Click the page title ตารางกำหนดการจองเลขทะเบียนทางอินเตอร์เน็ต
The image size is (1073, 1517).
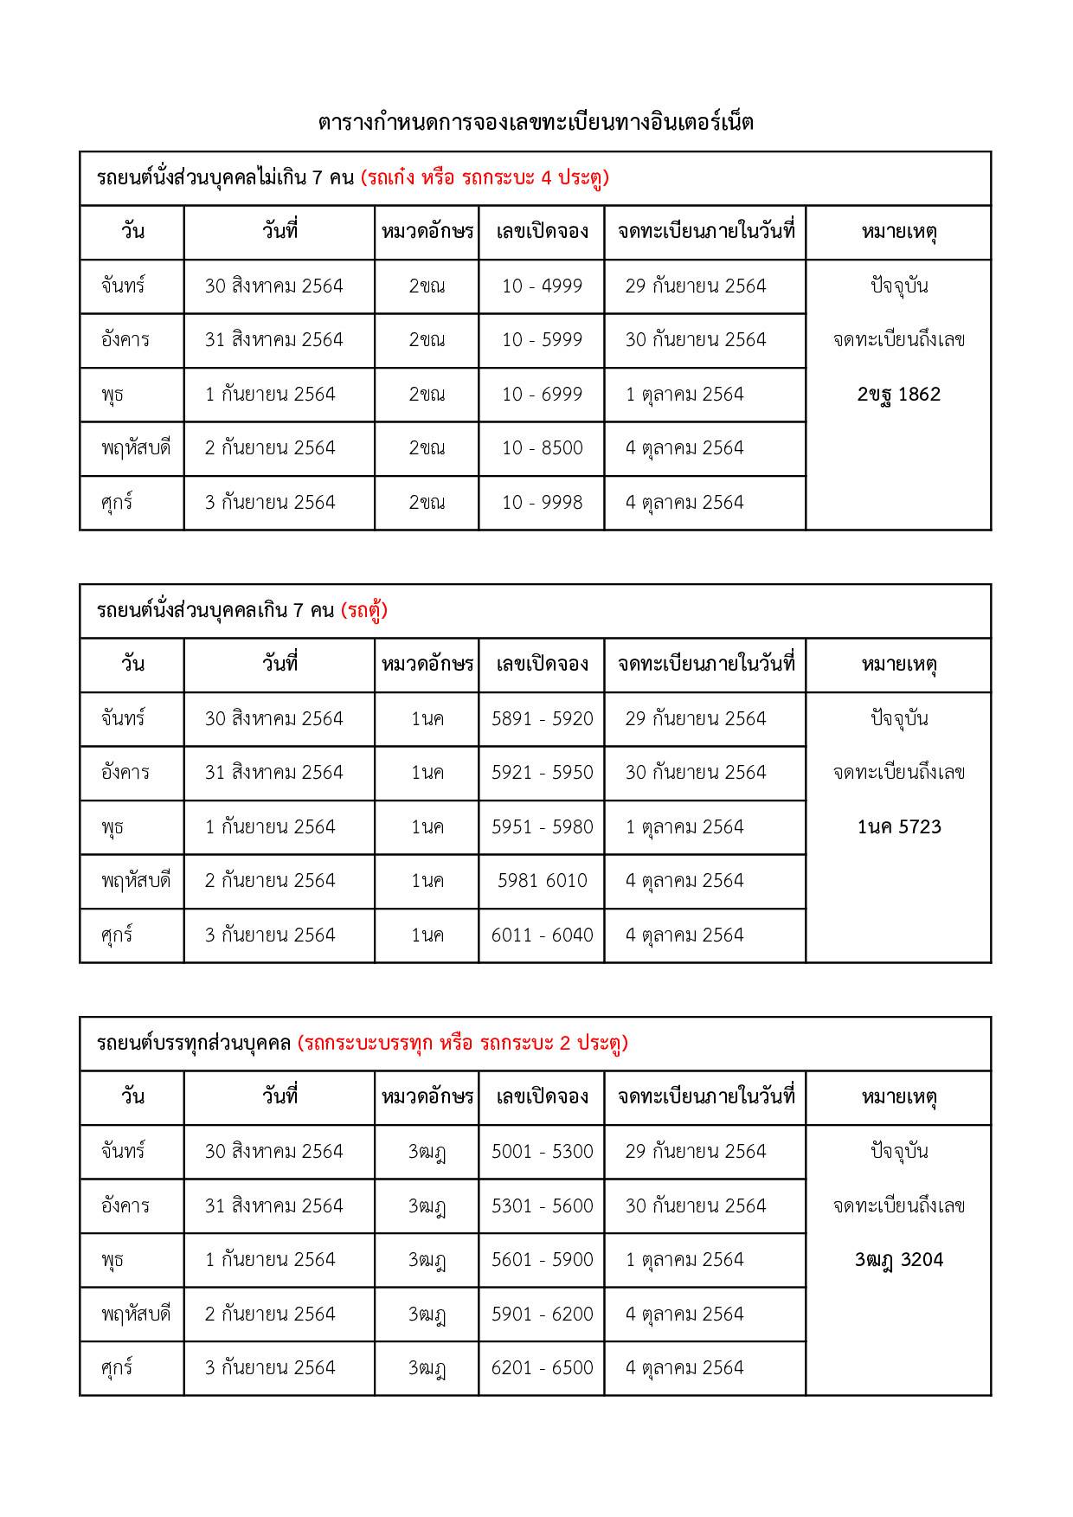click(536, 123)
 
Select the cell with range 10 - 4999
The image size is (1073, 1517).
click(542, 286)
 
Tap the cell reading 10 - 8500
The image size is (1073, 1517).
click(542, 448)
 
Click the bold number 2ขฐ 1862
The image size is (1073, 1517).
click(898, 395)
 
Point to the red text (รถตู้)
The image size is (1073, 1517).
click(364, 611)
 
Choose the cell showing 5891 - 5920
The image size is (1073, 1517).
click(542, 719)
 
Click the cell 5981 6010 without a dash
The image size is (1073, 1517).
click(542, 881)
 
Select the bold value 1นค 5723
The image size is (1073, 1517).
click(898, 827)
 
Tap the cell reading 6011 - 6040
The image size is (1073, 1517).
click(542, 935)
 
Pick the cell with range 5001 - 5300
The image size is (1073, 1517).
click(542, 1152)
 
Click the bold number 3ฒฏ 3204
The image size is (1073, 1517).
click(898, 1260)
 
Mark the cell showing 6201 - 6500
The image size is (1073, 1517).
click(542, 1368)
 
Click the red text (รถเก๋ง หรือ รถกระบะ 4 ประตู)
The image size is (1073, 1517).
click(485, 178)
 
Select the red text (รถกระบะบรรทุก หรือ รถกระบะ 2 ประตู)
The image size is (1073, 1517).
click(462, 1044)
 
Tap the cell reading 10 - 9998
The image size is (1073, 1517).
click(542, 503)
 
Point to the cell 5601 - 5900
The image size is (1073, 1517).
click(542, 1260)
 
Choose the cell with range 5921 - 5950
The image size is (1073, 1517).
click(542, 773)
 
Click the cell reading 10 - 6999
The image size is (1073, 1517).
click(542, 395)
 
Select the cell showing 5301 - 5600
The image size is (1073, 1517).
click(542, 1206)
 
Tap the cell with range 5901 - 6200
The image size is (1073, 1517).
click(542, 1315)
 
